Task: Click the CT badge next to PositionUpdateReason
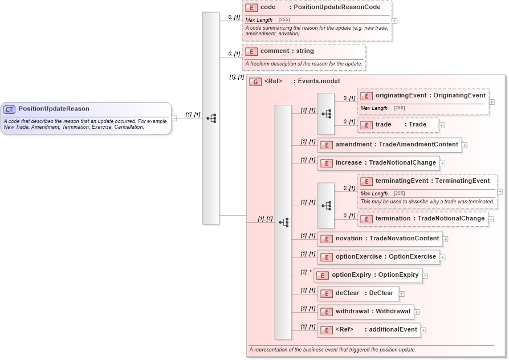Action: pyautogui.click(x=9, y=109)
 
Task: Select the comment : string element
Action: pyautogui.click(x=287, y=51)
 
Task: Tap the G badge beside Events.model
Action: pyautogui.click(x=255, y=81)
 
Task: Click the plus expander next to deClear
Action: pyautogui.click(x=402, y=294)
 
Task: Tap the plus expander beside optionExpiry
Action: pyautogui.click(x=425, y=276)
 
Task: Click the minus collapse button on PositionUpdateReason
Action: pyautogui.click(x=174, y=118)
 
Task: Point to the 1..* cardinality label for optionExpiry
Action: pyautogui.click(x=306, y=272)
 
